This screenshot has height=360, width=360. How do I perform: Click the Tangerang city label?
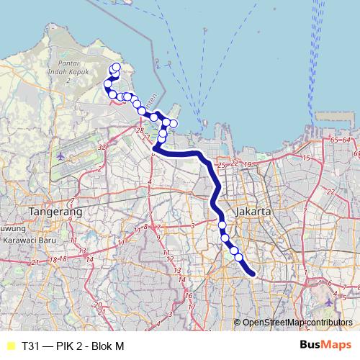click(55, 212)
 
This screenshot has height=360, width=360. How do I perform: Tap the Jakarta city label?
click(253, 212)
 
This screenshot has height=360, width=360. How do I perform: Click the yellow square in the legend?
click(9, 346)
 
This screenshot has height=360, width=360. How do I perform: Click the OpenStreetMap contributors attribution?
click(298, 323)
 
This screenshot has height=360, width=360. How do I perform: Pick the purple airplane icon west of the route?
click(60, 155)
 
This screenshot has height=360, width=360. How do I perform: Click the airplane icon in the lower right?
click(329, 302)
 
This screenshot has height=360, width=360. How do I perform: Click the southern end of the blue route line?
click(253, 273)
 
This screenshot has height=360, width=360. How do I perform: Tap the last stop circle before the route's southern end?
click(238, 257)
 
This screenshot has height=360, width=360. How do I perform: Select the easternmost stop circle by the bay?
click(174, 124)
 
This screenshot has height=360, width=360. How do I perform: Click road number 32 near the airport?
click(102, 146)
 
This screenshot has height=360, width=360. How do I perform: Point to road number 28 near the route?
click(139, 131)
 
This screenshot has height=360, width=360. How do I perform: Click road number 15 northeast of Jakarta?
click(305, 158)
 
